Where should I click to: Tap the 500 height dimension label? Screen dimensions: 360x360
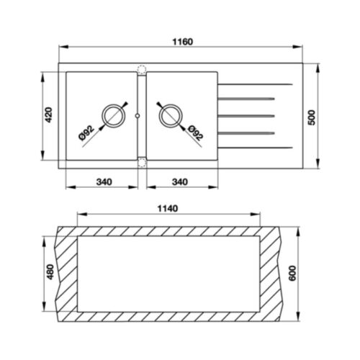click(x=312, y=117)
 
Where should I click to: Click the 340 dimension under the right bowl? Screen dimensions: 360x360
click(x=179, y=180)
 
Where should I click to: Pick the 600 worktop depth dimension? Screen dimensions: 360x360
click(x=311, y=274)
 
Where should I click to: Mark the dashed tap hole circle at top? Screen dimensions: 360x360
click(x=141, y=70)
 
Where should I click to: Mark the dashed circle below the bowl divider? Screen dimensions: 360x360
click(x=141, y=162)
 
